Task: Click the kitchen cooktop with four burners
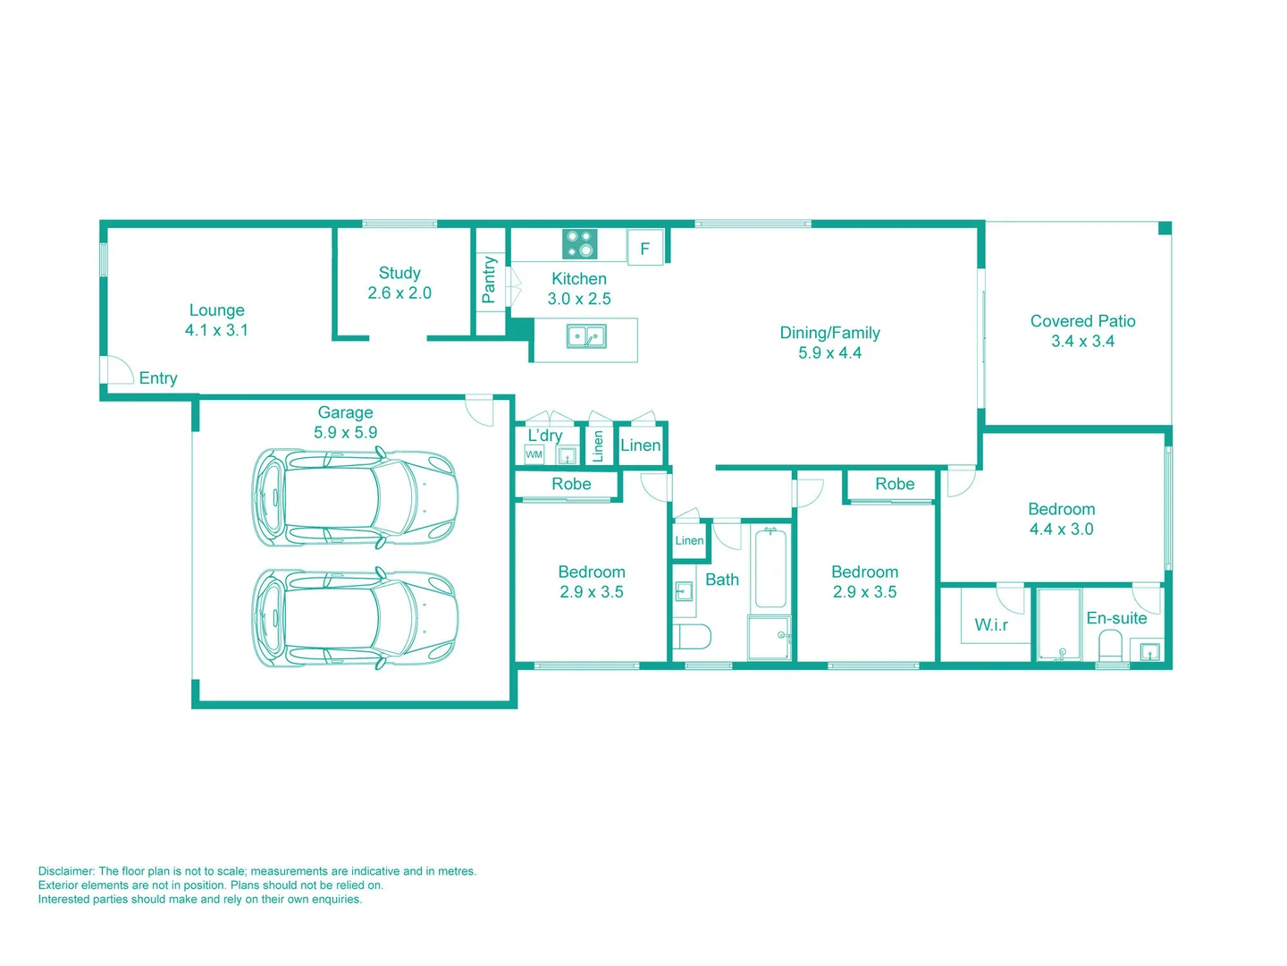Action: coord(579,244)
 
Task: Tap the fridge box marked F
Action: coord(644,249)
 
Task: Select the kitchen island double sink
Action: coord(586,337)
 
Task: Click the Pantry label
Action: coord(489,279)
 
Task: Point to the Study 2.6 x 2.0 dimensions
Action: coord(400,293)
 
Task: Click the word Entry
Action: coord(158,378)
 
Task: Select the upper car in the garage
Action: coord(355,498)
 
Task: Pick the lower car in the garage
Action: coord(355,619)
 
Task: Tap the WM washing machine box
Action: coord(534,454)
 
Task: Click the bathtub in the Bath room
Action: coord(770,568)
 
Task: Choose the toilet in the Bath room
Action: coord(693,637)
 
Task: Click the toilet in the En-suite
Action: coord(1110,644)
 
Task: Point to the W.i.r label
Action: coord(991,625)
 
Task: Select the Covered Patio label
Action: coord(1082,321)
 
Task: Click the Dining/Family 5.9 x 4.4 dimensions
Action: coord(829,353)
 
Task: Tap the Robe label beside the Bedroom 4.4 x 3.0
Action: coord(895,484)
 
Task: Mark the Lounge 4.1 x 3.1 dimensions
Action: coord(216,330)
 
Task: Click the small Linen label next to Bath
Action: coord(689,540)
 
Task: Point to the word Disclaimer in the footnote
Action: coord(66,871)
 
